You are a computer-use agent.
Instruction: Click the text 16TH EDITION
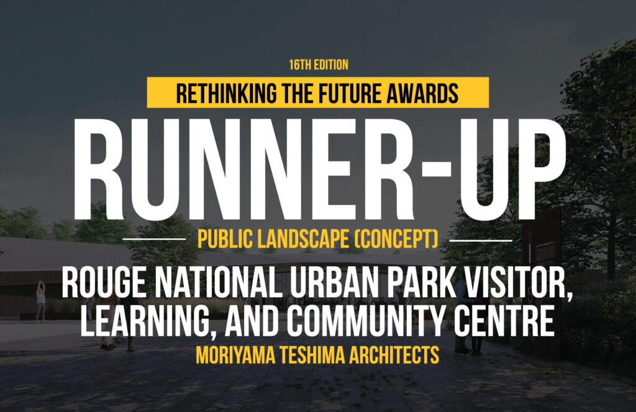319,65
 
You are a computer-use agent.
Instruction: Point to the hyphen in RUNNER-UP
436,169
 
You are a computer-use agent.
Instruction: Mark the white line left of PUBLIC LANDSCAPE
154,240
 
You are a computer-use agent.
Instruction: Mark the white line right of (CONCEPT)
481,240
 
